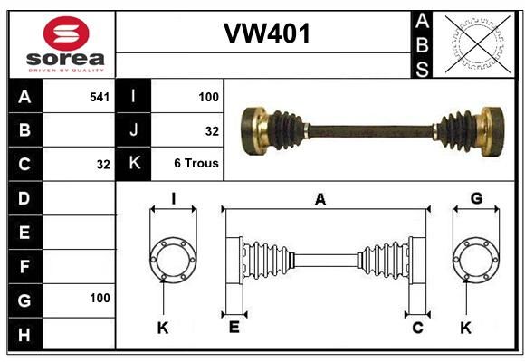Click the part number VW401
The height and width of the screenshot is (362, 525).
pos(267,33)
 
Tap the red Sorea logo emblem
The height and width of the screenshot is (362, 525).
pos(66,33)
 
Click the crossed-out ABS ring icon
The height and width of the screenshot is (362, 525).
pos(478,43)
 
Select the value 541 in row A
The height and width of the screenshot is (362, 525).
pos(100,97)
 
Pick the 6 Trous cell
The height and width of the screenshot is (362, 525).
pos(196,163)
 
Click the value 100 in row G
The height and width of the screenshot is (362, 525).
pos(100,298)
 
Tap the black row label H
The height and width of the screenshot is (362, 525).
pos(24,334)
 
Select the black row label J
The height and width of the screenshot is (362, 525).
pos(133,130)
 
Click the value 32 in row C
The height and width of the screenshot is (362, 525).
pos(103,165)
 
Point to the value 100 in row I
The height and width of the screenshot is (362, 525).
pos(208,97)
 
